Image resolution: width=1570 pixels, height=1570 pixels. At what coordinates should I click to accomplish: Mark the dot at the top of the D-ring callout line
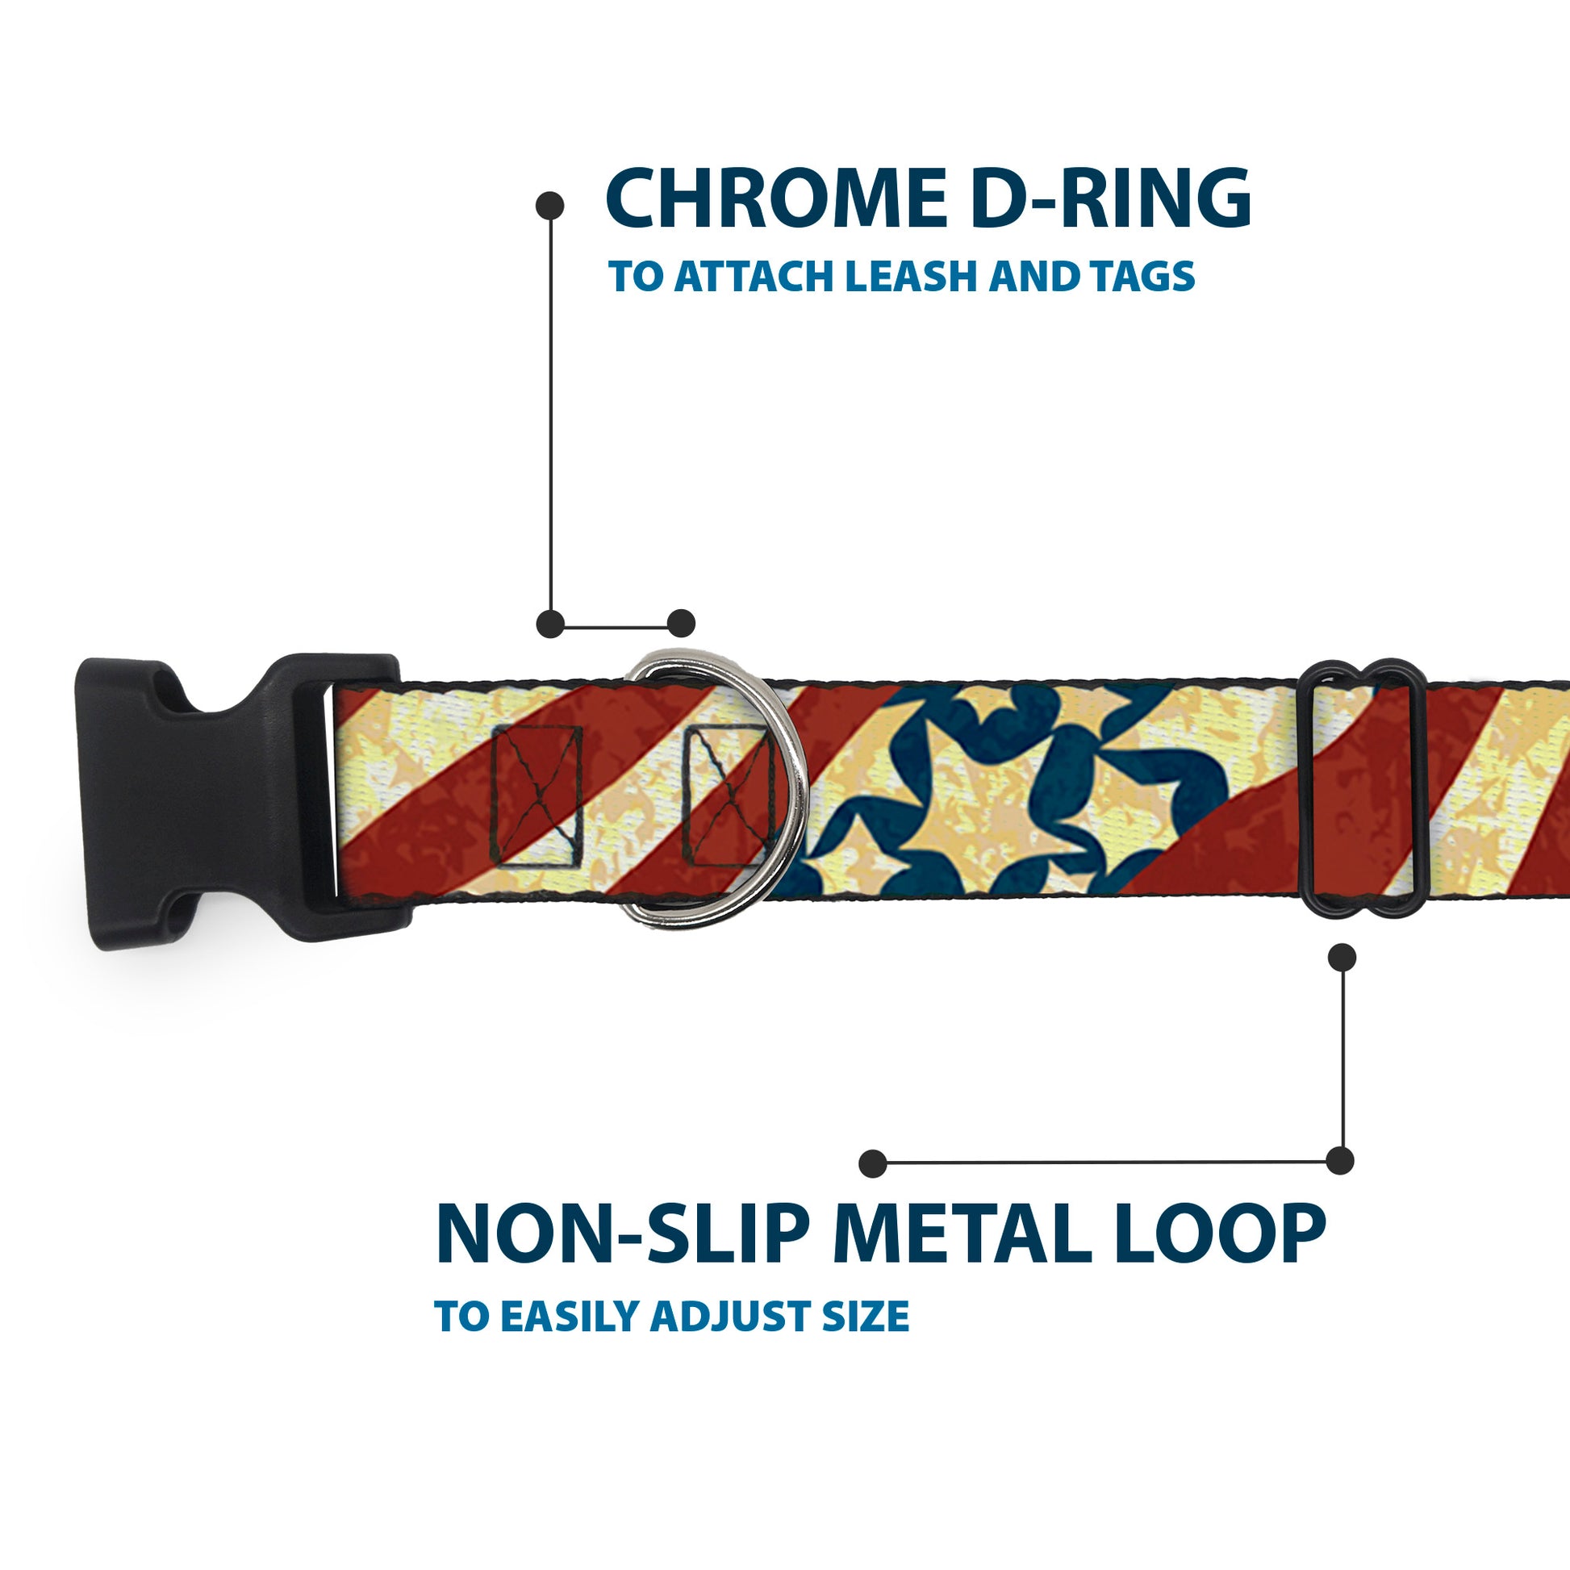(551, 206)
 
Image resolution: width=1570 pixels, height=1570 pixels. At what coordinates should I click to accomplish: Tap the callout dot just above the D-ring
(681, 624)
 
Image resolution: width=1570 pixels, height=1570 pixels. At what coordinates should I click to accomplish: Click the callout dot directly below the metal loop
(1342, 958)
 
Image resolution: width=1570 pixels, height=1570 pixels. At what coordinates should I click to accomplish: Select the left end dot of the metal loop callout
(873, 1163)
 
